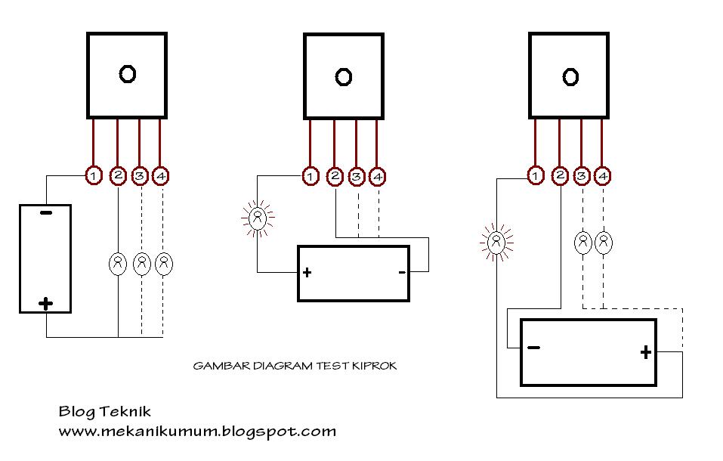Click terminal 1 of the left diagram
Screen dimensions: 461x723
92,176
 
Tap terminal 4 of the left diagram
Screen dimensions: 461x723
160,176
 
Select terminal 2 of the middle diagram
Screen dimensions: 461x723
335,177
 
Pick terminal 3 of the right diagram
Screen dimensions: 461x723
582,176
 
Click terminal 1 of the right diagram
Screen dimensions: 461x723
535,176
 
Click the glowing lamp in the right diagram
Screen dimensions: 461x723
496,243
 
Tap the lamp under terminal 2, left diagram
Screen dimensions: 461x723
119,264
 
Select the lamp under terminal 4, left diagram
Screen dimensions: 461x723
163,264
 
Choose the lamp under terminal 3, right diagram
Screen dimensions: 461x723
583,243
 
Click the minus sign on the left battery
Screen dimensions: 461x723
45,213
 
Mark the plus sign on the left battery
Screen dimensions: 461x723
45,304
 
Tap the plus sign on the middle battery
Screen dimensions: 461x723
307,273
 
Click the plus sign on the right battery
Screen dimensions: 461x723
645,351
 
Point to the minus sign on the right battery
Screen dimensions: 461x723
533,348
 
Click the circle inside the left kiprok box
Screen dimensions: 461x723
127,73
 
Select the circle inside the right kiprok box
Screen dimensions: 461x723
570,76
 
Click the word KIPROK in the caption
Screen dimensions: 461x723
375,366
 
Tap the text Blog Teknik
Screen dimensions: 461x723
105,412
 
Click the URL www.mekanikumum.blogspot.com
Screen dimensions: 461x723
197,432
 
